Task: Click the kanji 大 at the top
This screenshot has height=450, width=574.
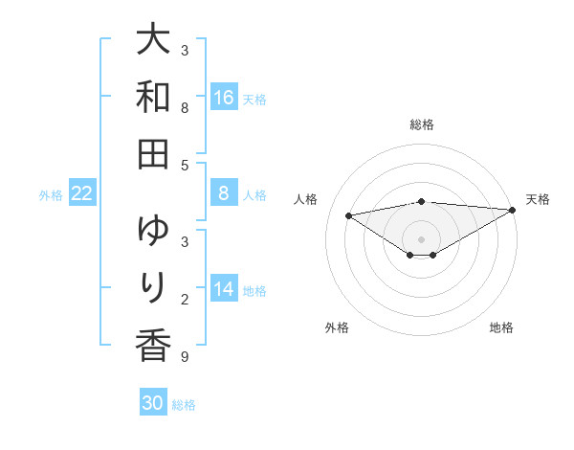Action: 153,41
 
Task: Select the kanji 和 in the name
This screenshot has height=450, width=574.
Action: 153,97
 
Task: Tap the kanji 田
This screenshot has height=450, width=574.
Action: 153,152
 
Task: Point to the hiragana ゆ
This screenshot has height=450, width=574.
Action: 153,231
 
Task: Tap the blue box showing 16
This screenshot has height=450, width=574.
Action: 224,98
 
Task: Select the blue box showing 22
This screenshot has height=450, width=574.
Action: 82,194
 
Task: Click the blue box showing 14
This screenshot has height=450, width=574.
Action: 224,290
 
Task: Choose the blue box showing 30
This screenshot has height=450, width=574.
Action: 153,403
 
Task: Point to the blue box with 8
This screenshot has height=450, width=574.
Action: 224,194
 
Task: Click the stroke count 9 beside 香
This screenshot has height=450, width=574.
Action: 184,357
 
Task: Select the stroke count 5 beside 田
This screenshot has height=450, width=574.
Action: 184,165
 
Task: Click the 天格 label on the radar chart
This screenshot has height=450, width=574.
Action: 538,199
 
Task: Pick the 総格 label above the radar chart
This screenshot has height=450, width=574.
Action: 421,124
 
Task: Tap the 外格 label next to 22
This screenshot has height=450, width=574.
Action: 51,195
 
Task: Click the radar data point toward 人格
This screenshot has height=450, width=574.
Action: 349,214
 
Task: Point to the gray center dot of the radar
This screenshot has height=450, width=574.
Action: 421,238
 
